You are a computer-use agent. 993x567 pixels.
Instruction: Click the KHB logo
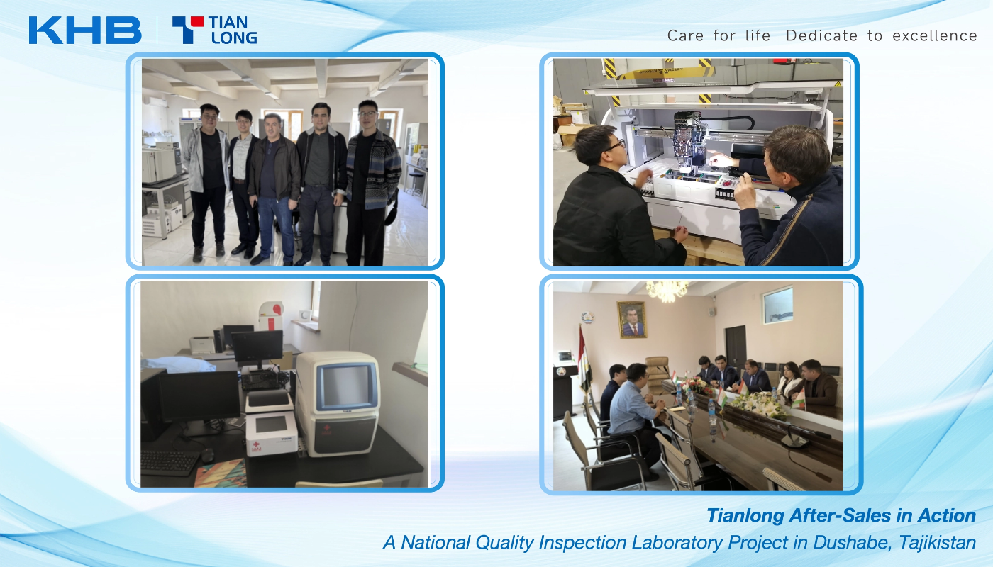(85, 30)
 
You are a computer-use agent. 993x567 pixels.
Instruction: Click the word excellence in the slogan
(935, 35)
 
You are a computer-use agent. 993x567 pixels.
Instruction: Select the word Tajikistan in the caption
(937, 543)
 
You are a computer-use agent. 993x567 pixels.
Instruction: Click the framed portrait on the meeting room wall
(632, 320)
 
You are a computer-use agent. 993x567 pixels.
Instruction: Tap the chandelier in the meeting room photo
(667, 291)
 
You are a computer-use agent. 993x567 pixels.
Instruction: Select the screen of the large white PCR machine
(345, 386)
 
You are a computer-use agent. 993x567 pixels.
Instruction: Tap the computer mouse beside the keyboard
(207, 455)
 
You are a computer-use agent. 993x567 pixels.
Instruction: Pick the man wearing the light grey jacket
(206, 181)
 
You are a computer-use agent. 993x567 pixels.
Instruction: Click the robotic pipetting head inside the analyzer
(689, 141)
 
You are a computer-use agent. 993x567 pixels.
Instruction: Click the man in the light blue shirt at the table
(634, 412)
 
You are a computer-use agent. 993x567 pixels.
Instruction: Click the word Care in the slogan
(685, 35)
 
